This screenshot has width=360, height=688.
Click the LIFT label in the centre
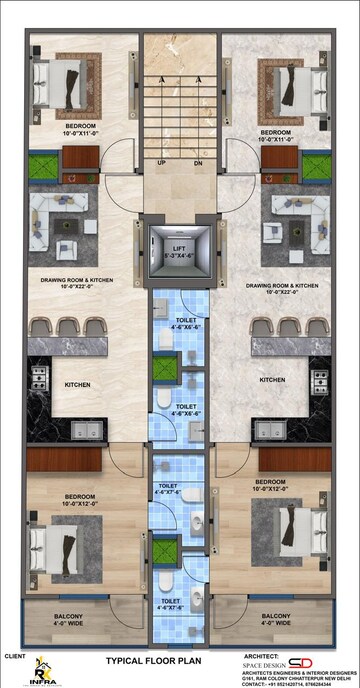(x=180, y=247)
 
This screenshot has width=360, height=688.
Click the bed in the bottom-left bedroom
(x=60, y=546)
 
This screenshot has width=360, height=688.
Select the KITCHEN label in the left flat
(x=79, y=383)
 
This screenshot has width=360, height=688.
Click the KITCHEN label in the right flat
(x=274, y=380)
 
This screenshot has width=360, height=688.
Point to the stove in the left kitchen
(x=40, y=378)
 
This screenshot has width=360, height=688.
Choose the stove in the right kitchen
(x=319, y=380)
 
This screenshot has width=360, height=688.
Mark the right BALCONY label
(x=276, y=617)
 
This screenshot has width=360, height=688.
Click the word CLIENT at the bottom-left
(x=14, y=656)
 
